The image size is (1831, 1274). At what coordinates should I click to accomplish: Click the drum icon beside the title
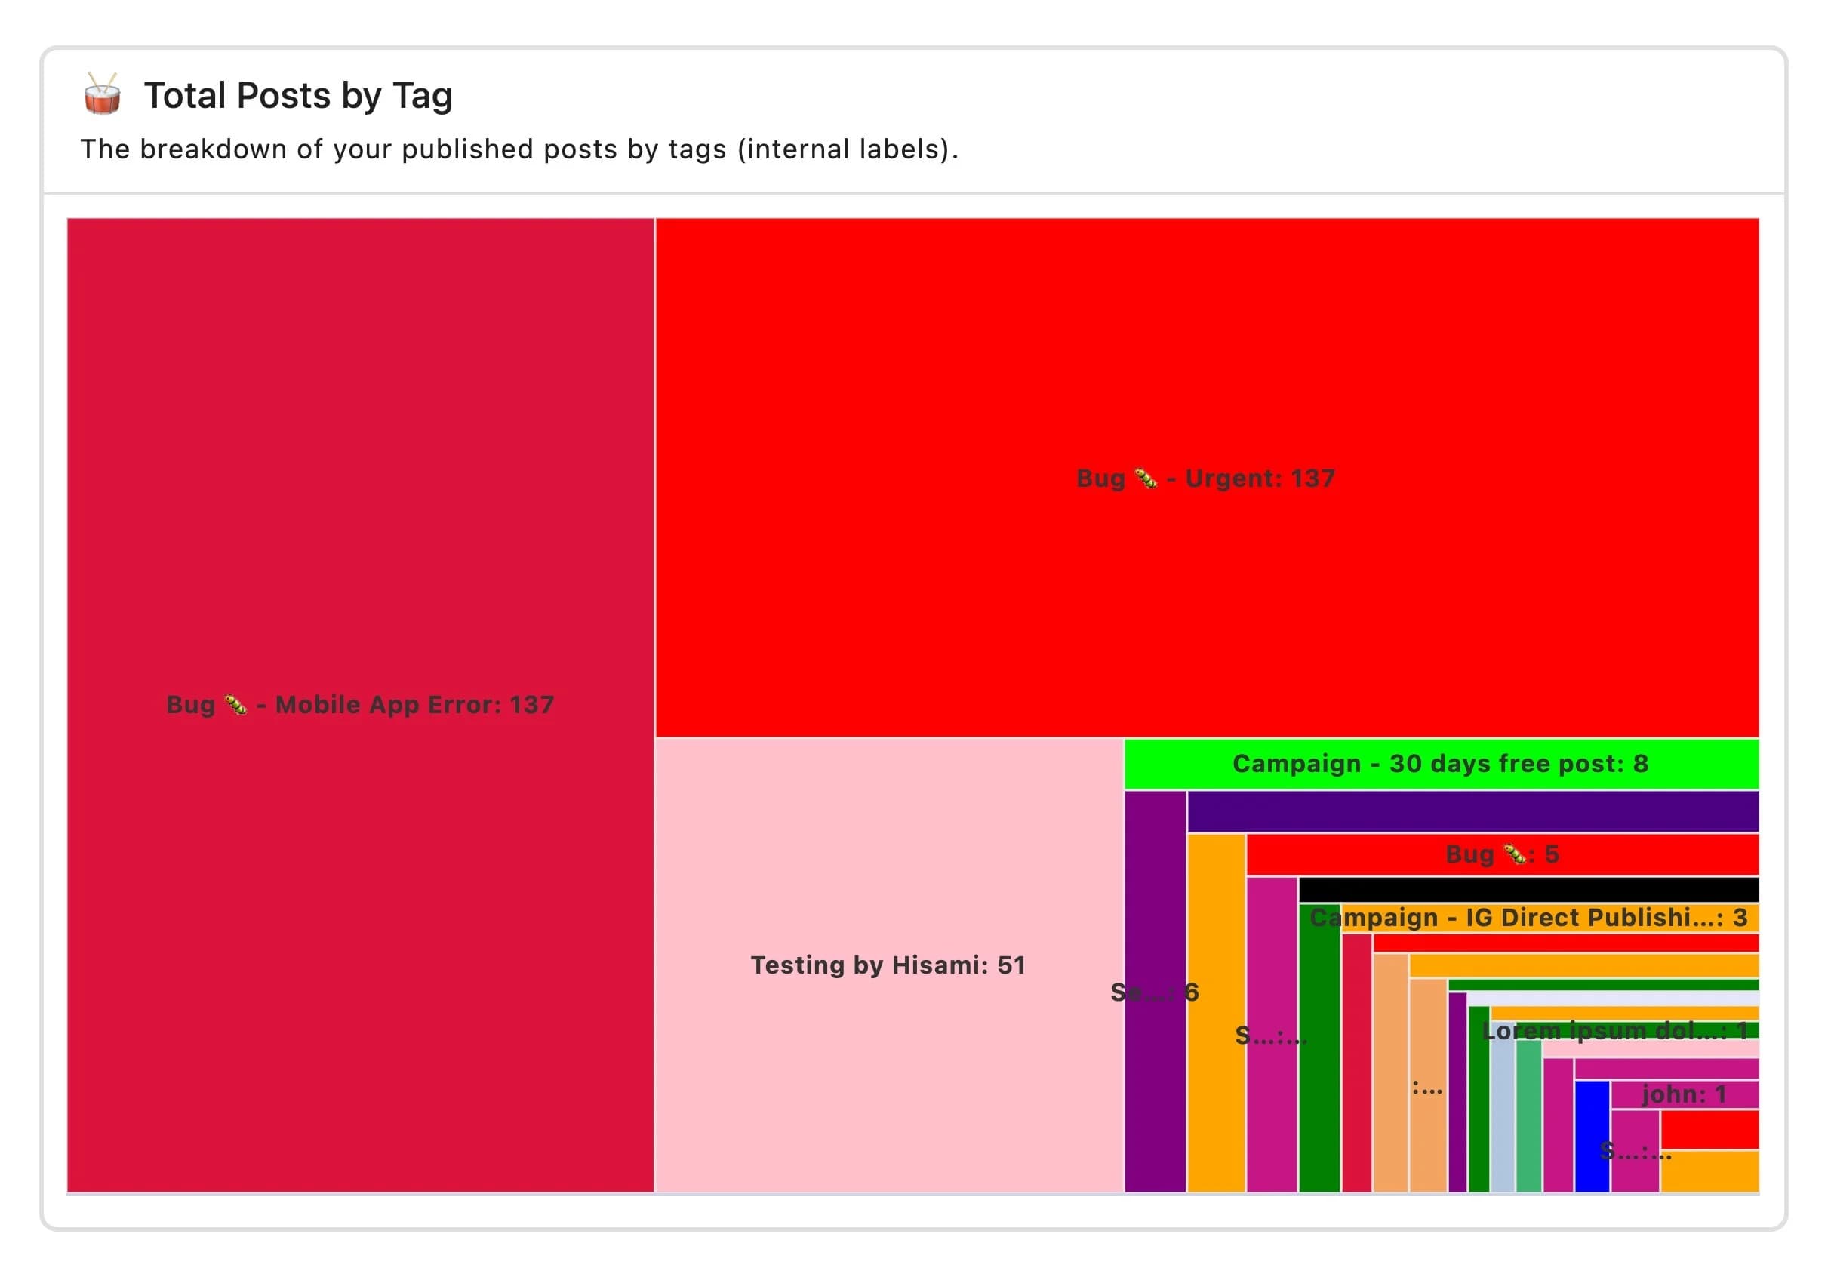(102, 95)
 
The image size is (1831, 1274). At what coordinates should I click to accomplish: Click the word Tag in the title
(423, 97)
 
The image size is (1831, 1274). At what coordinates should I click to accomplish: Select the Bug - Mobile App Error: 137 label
(361, 705)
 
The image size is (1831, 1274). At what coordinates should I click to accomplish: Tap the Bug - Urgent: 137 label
(1205, 479)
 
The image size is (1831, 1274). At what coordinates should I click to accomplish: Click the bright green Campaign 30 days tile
(1440, 764)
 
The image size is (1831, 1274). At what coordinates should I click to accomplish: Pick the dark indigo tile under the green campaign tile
(1472, 811)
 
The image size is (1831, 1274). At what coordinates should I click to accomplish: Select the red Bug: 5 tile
(1502, 854)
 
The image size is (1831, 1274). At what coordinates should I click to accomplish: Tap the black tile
(1528, 889)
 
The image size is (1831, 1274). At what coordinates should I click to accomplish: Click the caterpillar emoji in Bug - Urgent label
(1146, 479)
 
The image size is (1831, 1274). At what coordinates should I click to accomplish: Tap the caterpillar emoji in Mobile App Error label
(236, 705)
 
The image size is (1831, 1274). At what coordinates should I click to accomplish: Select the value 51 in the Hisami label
(1011, 965)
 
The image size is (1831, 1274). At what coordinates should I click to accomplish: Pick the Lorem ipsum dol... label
(1603, 1031)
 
